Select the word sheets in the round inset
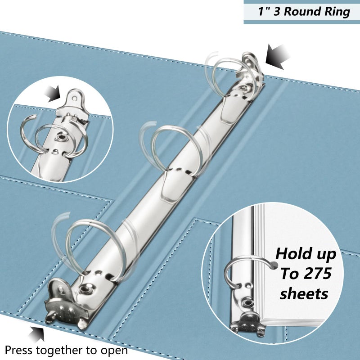point(304,294)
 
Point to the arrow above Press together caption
point(37,334)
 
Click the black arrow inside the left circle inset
point(53,94)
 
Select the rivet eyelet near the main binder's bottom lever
point(84,289)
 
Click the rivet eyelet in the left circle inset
point(61,138)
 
